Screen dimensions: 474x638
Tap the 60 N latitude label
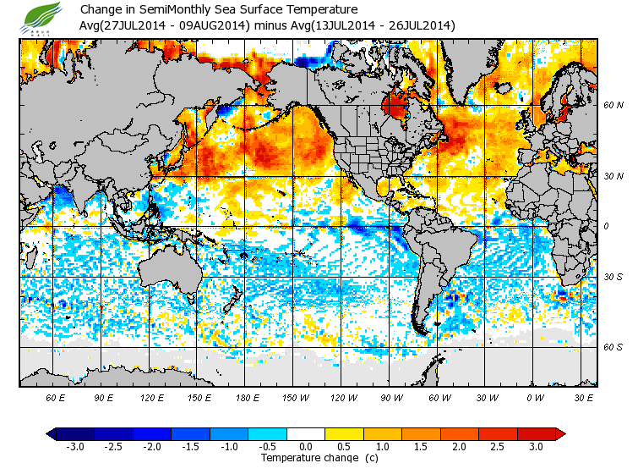pyautogui.click(x=613, y=106)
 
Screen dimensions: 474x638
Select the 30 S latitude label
pyautogui.click(x=613, y=277)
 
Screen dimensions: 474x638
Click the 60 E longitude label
pyautogui.click(x=56, y=397)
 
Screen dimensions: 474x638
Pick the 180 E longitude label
pyautogui.click(x=246, y=397)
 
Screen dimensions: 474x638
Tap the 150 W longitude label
pyautogui.click(x=294, y=397)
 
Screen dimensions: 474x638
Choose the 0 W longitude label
pyautogui.click(x=534, y=397)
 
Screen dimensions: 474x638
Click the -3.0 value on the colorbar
pyautogui.click(x=76, y=447)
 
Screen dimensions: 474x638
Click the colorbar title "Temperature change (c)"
pyautogui.click(x=306, y=458)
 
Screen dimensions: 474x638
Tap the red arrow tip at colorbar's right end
pyautogui.click(x=560, y=434)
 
